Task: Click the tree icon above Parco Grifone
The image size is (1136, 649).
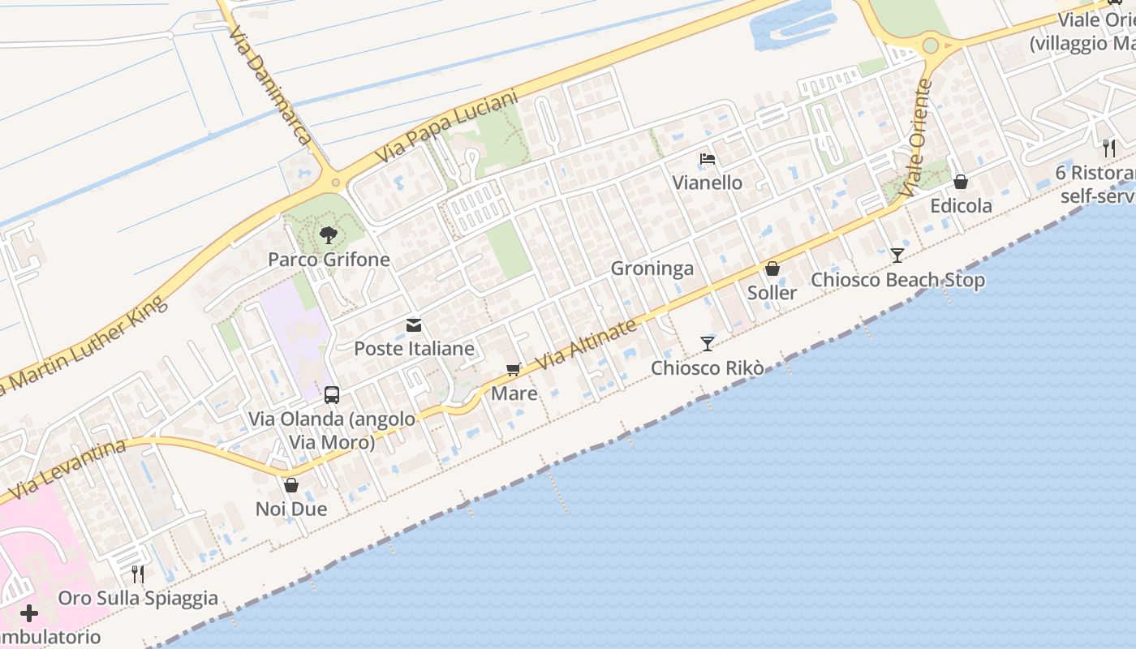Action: pos(329,235)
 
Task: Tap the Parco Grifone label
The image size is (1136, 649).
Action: pos(329,260)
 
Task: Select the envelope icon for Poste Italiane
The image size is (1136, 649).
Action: pos(414,325)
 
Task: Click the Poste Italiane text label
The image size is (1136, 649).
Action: pos(414,349)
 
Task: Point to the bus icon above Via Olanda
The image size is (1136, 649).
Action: pos(332,395)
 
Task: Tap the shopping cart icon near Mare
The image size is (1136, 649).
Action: pos(513,370)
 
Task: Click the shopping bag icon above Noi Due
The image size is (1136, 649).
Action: pos(291,485)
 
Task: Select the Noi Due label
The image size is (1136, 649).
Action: pos(291,509)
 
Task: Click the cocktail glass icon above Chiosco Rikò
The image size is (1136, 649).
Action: pos(708,344)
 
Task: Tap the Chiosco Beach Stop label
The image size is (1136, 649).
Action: pos(898,280)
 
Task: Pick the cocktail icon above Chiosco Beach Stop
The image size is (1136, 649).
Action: pos(897,256)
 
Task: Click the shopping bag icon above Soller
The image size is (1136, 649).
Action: pos(772,269)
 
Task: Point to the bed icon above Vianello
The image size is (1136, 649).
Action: pos(708,159)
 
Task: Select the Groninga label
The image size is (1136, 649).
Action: pos(652,269)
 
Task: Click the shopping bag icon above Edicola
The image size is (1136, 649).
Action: pos(961,182)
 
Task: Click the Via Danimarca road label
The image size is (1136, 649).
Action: pos(271,85)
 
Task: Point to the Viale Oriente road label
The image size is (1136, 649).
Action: pos(917,138)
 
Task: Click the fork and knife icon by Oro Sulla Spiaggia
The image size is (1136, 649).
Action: pos(138,574)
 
